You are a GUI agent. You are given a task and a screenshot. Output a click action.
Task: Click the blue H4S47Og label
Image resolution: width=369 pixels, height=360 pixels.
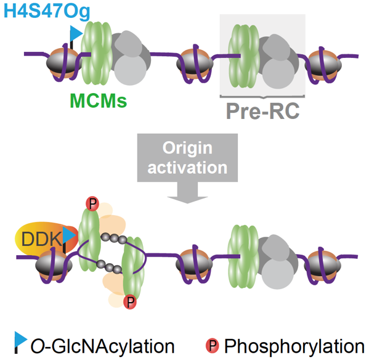[47, 11]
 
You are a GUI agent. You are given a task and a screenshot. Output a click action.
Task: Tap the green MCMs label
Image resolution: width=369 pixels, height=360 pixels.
[99, 100]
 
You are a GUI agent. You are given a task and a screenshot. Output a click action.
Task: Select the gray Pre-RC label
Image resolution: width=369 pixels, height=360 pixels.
[262, 111]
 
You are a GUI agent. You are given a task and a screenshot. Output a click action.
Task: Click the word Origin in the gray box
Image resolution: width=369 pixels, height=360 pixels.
[187, 148]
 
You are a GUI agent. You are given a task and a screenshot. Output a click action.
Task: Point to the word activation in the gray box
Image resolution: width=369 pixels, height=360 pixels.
[187, 168]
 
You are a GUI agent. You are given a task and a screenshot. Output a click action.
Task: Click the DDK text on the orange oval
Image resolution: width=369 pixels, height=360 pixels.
[42, 239]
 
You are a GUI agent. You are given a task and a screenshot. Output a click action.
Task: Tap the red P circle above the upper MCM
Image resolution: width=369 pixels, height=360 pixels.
[92, 203]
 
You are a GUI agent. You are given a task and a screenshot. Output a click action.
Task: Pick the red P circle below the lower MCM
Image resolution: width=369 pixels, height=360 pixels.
[130, 302]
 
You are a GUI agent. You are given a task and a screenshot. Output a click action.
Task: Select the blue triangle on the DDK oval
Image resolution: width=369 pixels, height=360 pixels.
[69, 235]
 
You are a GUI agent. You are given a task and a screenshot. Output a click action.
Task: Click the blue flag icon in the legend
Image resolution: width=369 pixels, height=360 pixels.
[20, 342]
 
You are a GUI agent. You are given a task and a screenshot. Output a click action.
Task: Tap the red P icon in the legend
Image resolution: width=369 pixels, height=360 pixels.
[213, 346]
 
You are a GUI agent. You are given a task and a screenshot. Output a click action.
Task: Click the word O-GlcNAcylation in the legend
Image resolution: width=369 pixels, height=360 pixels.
[103, 346]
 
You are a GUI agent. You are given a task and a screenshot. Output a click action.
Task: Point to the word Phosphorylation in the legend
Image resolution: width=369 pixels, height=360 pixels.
[294, 346]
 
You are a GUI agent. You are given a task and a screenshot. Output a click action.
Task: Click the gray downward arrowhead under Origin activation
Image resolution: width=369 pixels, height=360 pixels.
[187, 197]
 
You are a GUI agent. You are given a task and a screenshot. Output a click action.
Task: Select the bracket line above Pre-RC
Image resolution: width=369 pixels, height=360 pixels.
[262, 96]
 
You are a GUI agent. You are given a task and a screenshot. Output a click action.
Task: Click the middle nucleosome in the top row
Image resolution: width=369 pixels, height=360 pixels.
[195, 63]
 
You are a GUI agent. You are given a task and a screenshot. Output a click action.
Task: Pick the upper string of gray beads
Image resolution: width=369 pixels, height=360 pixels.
[114, 239]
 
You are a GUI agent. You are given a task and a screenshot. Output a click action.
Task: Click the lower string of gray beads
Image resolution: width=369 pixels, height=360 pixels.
[110, 266]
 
